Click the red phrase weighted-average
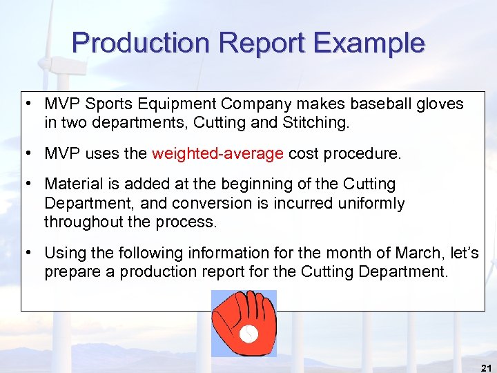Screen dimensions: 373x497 (217, 153)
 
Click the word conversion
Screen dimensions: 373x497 (211, 204)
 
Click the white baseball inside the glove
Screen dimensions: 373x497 (248, 335)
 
